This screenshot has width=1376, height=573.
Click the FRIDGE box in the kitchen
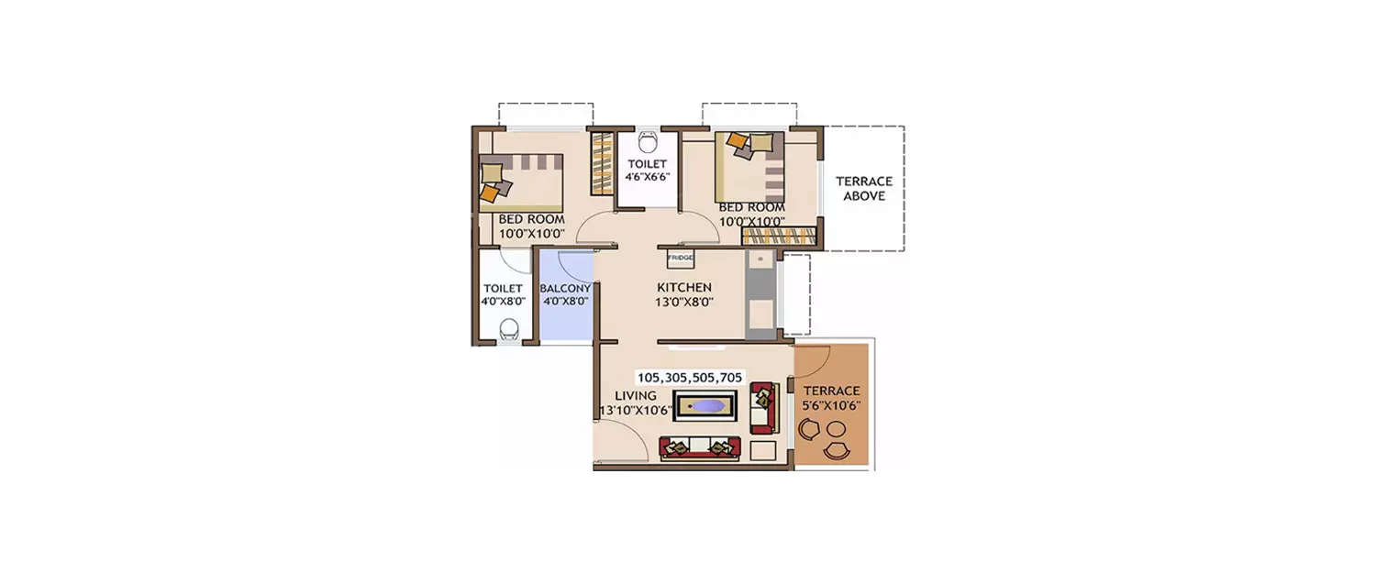pos(680,259)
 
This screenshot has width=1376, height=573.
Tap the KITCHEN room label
pos(684,287)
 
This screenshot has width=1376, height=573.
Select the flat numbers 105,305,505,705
pos(690,377)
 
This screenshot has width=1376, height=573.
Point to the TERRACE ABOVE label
pos(863,188)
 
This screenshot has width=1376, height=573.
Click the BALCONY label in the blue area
pos(565,288)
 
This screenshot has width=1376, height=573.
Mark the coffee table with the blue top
pos(705,405)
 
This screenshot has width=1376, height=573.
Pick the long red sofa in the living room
pos(699,448)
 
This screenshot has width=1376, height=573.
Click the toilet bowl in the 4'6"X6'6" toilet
pos(648,142)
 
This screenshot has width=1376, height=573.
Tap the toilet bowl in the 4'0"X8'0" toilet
pos(508,328)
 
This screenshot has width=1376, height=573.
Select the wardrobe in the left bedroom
pos(601,163)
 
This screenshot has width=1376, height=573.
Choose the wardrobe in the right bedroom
pos(778,235)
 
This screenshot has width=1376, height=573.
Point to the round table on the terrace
pos(837,428)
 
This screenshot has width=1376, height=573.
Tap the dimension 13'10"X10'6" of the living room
pos(634,411)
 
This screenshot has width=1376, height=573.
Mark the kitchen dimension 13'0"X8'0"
pos(684,301)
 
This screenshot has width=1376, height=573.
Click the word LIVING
pos(635,396)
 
